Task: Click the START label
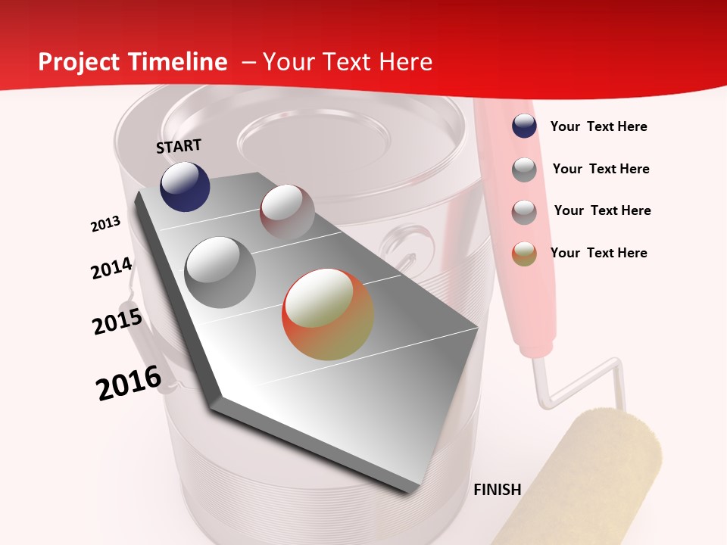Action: click(179, 146)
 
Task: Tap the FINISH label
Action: click(497, 490)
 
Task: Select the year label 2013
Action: click(105, 224)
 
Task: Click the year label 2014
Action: click(111, 269)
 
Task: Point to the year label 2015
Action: click(117, 321)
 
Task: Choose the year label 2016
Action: click(129, 383)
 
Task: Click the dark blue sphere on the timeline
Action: click(185, 186)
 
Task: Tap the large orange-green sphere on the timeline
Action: click(328, 314)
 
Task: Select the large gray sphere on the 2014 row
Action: click(220, 272)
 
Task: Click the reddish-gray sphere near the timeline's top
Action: click(287, 212)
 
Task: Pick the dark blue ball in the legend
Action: click(524, 126)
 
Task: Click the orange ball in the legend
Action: click(524, 254)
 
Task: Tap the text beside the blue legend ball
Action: click(598, 127)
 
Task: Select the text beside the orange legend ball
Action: click(598, 253)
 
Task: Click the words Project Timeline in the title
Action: click(133, 62)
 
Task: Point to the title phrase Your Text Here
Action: click(347, 62)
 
